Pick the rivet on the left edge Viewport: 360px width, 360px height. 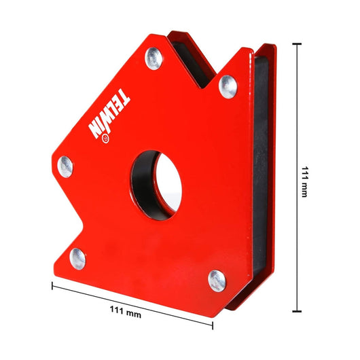[65, 165]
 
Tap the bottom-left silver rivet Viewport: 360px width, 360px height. [78, 257]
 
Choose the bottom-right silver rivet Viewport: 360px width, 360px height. [217, 278]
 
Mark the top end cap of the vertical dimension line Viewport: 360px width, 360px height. [296, 43]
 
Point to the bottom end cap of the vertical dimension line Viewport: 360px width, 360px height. [296, 314]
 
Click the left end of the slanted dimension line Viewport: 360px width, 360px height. [53, 285]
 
